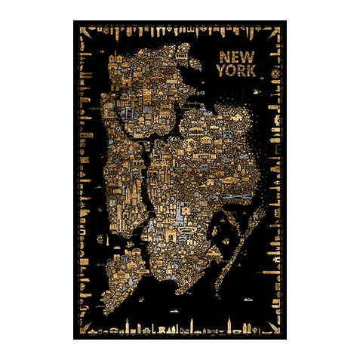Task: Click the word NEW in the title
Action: (235, 57)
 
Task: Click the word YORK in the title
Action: (236, 72)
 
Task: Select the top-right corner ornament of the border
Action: (276, 31)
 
